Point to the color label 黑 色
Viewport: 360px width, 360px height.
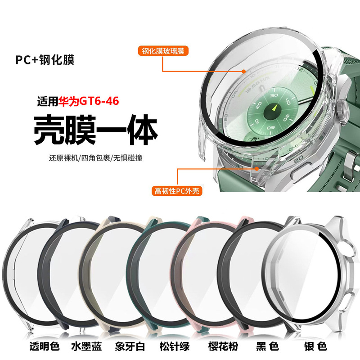[x=268, y=347]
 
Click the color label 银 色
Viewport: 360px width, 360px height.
[x=317, y=347]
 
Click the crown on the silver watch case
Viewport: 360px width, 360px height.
[x=346, y=108]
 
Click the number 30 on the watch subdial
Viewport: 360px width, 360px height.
[x=273, y=96]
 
